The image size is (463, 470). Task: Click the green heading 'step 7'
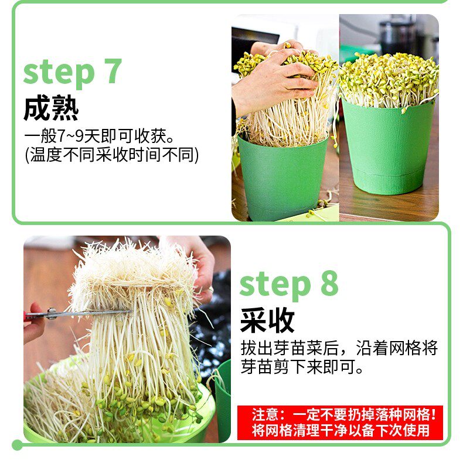pos(72,71)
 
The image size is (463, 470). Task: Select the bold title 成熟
pos(51,108)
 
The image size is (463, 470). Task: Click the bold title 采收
pos(267,320)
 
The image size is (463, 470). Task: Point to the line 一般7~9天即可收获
pos(99,136)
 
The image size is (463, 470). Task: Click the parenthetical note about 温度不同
pos(111,155)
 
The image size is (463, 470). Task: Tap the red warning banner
pos(340,423)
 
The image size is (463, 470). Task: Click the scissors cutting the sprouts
pos(78,314)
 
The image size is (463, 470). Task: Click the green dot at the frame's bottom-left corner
pos(17,445)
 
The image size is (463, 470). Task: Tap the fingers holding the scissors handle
pos(33,323)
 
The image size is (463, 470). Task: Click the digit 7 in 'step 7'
pos(113,71)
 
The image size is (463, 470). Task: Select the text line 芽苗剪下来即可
pos(302,367)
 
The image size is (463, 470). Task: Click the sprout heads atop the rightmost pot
pos(389,80)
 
